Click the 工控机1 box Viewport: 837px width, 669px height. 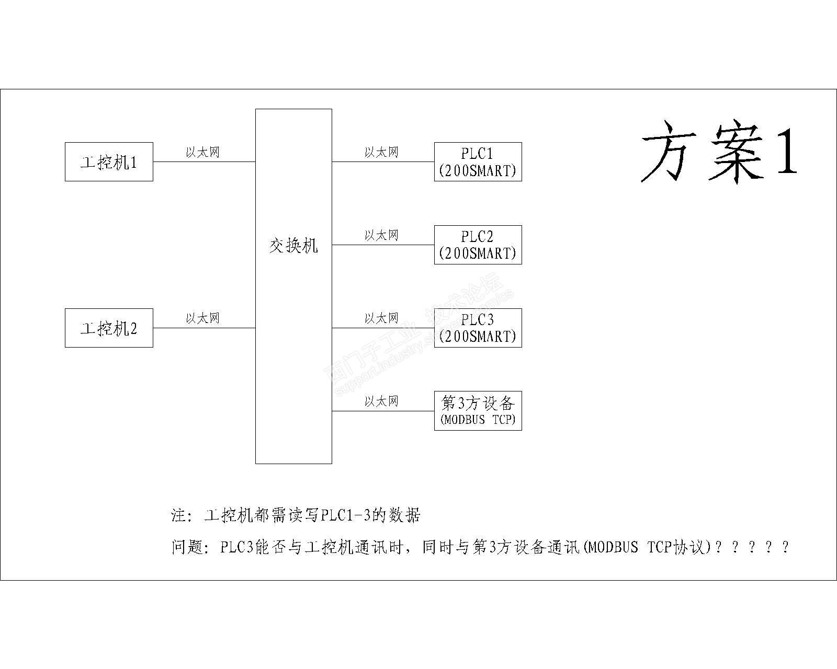109,162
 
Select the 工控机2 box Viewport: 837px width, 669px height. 109,328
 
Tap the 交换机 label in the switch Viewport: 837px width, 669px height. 293,245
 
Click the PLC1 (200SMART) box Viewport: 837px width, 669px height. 478,162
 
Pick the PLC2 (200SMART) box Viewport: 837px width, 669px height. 478,245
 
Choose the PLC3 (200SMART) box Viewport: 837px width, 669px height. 478,328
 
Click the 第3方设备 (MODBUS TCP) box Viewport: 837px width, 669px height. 478,411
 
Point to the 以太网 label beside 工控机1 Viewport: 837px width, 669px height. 203,152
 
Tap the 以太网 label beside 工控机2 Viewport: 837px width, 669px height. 203,318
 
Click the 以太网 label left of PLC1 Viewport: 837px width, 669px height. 381,152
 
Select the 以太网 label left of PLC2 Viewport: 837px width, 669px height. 381,235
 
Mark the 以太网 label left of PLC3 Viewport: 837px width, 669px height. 381,318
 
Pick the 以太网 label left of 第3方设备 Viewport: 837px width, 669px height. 381,401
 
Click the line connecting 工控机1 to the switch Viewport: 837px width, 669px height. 204,162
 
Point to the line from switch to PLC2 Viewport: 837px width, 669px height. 383,245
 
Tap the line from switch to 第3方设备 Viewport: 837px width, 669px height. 383,411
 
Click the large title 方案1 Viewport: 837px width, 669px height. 719,152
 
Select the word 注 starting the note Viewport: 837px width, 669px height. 178,516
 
